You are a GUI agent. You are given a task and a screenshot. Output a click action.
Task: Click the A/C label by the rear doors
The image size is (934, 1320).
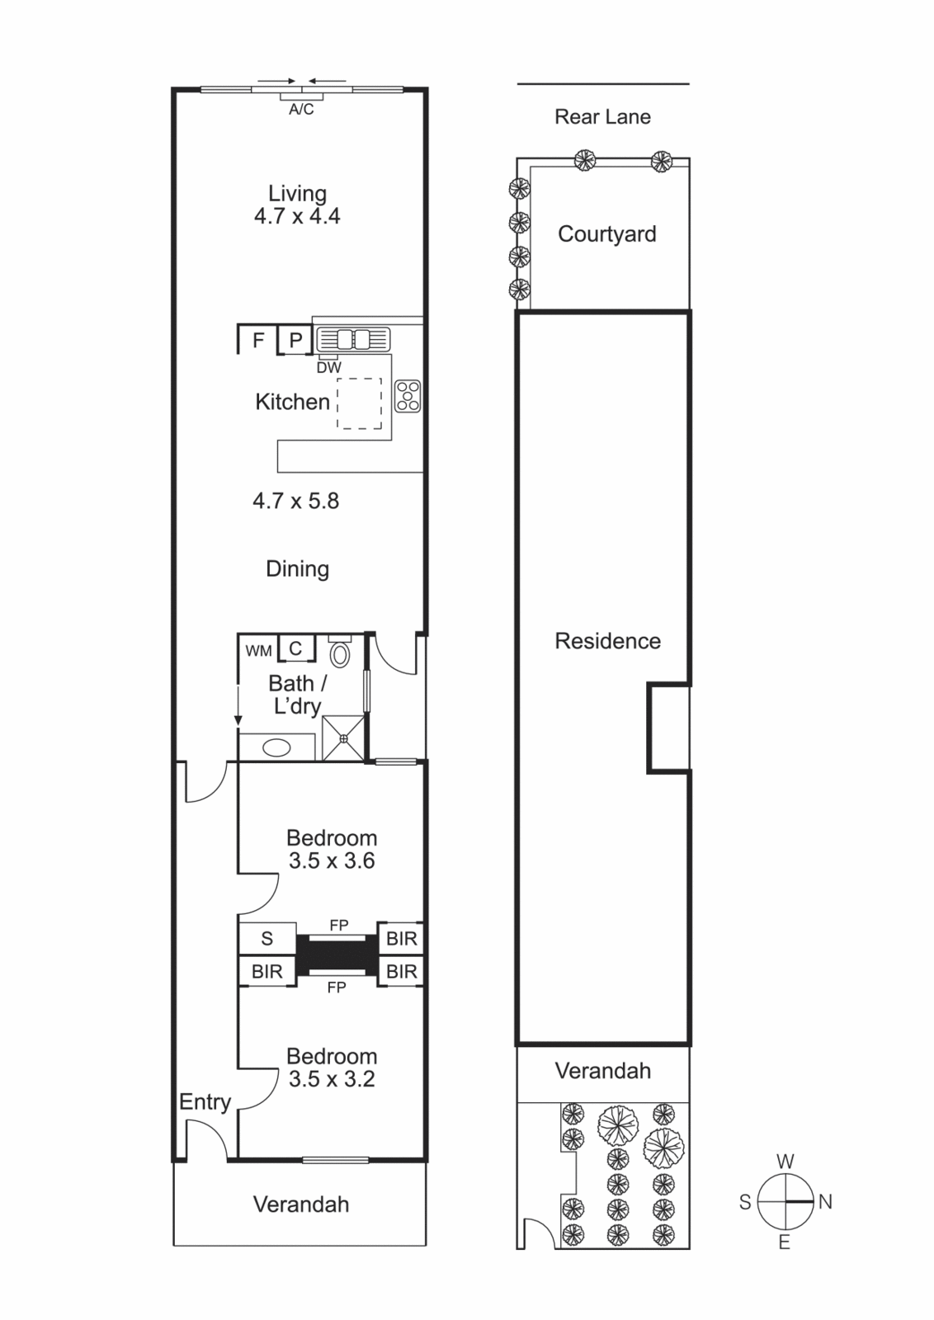(301, 110)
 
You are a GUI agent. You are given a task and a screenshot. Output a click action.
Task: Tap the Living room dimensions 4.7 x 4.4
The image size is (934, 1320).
(297, 216)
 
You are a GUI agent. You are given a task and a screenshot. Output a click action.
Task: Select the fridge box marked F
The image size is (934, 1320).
(257, 339)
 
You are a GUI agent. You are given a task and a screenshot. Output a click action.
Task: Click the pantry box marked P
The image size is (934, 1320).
(295, 340)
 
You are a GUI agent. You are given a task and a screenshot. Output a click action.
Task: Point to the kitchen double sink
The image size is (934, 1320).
(353, 339)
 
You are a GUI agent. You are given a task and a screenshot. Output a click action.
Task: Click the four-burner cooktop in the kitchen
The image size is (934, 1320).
(408, 396)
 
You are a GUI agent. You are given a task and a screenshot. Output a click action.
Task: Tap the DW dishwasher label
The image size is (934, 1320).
(329, 368)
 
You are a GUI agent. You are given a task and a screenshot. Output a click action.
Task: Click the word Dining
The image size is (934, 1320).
(298, 569)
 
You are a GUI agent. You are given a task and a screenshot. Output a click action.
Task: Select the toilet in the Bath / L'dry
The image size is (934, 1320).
(339, 651)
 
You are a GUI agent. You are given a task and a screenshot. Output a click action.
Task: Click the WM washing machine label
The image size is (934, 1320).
(259, 651)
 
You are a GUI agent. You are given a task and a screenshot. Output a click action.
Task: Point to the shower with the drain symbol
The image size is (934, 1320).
(343, 738)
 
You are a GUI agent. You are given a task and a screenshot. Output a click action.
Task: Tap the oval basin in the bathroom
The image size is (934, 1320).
(276, 747)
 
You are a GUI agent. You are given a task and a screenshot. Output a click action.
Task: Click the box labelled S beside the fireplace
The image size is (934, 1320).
(267, 938)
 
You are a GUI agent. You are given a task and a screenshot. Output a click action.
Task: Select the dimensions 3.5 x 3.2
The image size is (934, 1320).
(332, 1079)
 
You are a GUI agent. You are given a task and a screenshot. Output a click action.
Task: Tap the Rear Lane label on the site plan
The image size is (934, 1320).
(603, 116)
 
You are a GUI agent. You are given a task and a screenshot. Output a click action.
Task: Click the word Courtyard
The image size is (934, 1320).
(607, 234)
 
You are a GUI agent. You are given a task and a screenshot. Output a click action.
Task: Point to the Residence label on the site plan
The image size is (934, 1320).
(607, 641)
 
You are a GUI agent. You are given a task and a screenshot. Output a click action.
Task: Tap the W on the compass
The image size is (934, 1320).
(785, 1162)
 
